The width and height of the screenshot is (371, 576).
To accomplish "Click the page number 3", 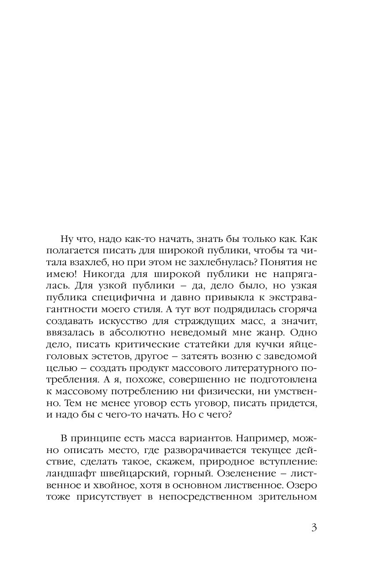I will coord(313,527).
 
